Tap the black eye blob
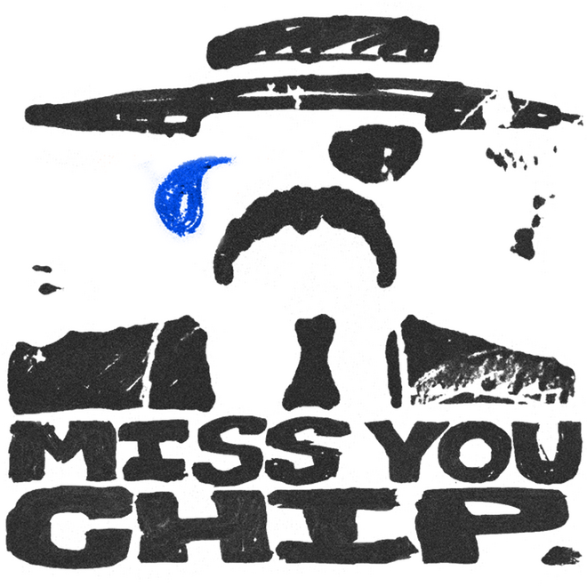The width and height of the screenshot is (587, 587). [x=375, y=153]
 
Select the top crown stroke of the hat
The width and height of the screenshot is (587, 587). [x=323, y=42]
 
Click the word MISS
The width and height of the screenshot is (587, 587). [x=176, y=452]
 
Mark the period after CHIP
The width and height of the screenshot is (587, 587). [x=559, y=556]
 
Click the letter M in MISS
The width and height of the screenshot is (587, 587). [x=60, y=452]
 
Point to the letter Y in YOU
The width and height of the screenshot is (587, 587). [x=406, y=452]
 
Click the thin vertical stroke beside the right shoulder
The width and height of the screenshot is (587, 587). [x=393, y=369]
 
